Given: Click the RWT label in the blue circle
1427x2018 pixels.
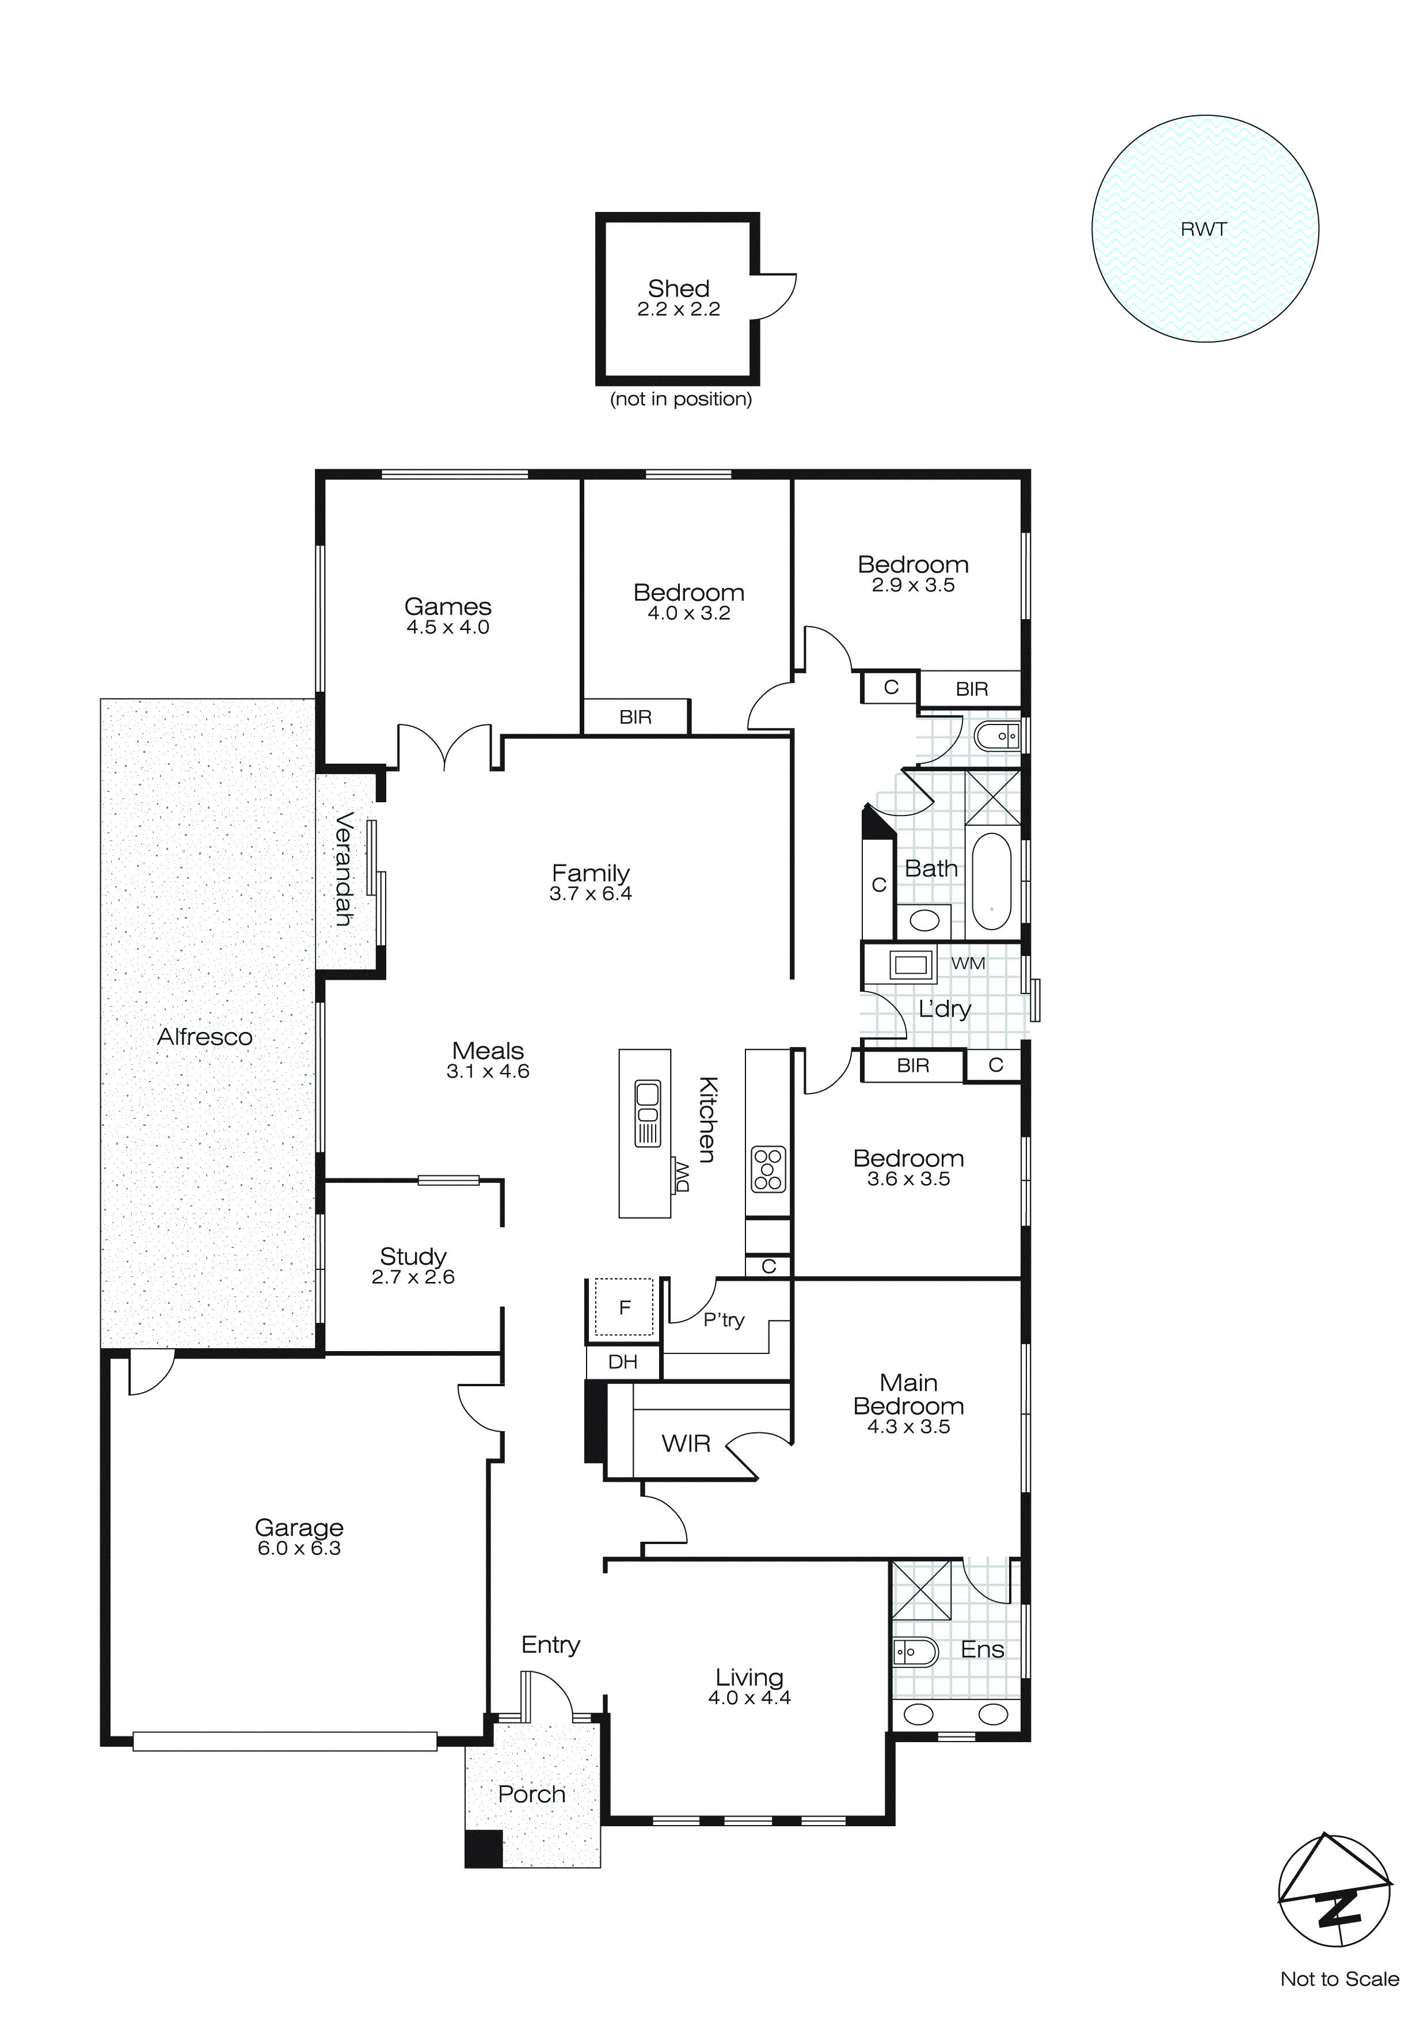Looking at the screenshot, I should [1203, 229].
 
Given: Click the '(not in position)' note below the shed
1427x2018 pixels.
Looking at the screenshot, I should [681, 399].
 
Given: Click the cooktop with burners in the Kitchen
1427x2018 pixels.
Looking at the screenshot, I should [768, 1170].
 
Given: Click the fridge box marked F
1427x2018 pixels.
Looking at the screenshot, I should [624, 1308].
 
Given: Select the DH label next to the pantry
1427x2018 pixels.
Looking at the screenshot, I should [622, 1363].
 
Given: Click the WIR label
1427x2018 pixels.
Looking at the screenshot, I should [686, 1443].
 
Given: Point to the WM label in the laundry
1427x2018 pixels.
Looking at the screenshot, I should [968, 964].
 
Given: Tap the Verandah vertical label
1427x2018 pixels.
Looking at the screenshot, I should [344, 868].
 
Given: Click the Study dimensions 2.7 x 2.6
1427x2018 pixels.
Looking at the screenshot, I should [413, 1277].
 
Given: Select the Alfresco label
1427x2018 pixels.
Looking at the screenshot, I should [205, 1037].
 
